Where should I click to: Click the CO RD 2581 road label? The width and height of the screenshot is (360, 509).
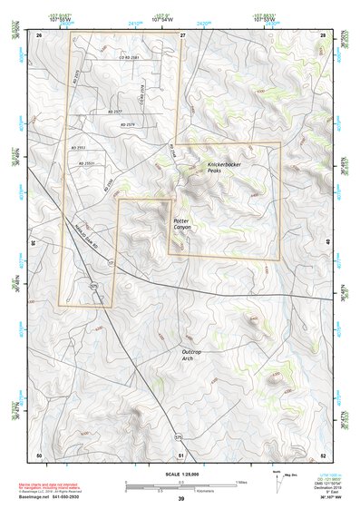(130, 57)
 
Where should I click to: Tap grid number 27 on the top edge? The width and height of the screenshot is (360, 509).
(182, 34)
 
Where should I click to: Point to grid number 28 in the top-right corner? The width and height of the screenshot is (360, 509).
(323, 34)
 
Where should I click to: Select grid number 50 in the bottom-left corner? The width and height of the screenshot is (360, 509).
(38, 454)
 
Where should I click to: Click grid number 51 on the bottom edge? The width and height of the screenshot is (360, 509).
(182, 454)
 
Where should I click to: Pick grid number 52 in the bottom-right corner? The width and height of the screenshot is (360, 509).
(323, 454)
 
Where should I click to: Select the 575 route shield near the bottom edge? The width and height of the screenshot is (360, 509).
(178, 437)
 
